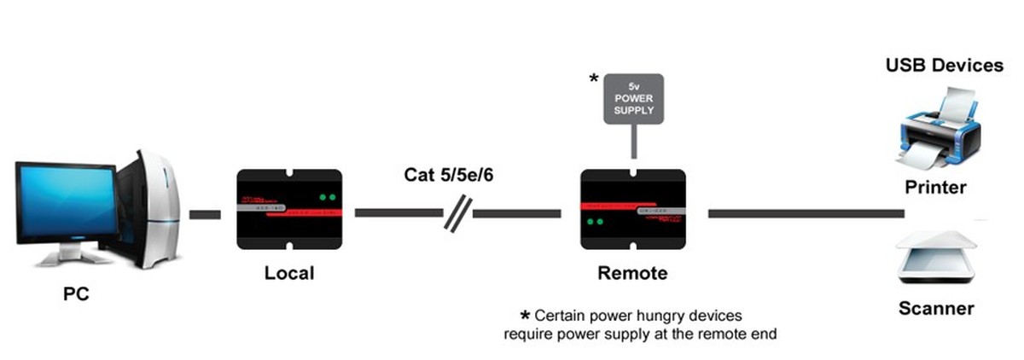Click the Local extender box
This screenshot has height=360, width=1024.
289,210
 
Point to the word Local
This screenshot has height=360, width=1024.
289,273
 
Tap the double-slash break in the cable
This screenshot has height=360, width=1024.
457,212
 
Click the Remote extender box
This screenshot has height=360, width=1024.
632,210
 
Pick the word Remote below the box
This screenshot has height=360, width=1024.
632,274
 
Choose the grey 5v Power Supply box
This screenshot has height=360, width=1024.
632,99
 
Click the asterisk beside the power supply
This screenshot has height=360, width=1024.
594,80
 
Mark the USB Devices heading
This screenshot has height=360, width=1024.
944,66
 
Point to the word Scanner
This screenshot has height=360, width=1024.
936,309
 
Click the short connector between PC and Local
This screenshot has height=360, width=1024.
205,213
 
